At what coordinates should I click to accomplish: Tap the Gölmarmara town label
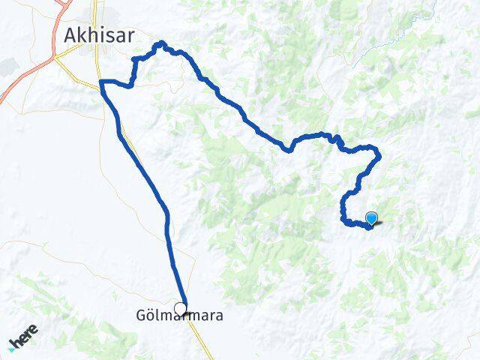(179, 317)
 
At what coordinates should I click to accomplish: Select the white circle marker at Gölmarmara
(180, 307)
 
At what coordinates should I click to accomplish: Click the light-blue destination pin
(371, 218)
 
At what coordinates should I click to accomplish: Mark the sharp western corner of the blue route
(100, 81)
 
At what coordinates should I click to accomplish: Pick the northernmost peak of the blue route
(160, 44)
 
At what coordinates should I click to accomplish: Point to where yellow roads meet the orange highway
(56, 55)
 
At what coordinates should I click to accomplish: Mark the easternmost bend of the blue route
(379, 156)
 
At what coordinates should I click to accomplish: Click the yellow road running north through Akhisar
(94, 15)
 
